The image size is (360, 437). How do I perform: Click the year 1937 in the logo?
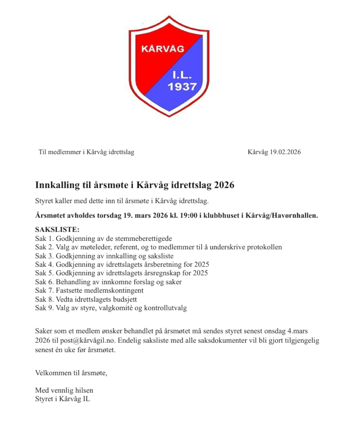click(x=182, y=87)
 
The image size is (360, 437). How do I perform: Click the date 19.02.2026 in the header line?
click(x=285, y=152)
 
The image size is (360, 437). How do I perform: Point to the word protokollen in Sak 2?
click(x=264, y=247)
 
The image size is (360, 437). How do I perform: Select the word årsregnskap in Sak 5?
click(x=164, y=273)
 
